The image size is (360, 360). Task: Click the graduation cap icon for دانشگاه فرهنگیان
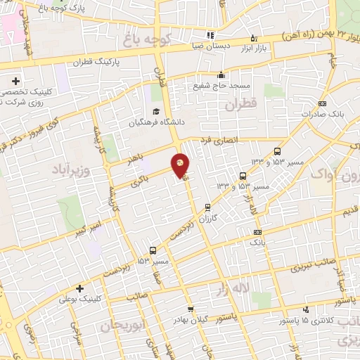tap(155, 112)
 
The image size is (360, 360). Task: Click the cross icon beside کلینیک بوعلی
tap(79, 288)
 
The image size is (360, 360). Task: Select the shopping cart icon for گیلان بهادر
tap(190, 309)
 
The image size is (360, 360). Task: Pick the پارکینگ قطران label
tap(96, 61)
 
